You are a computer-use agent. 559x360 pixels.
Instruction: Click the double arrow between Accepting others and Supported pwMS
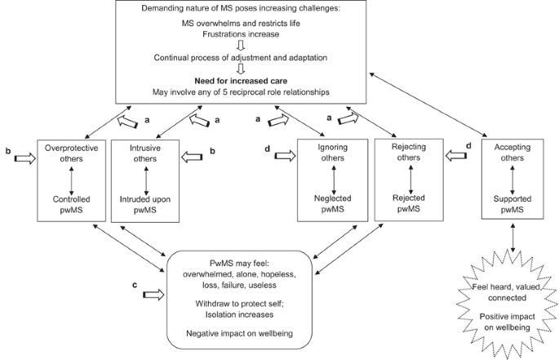pos(512,176)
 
